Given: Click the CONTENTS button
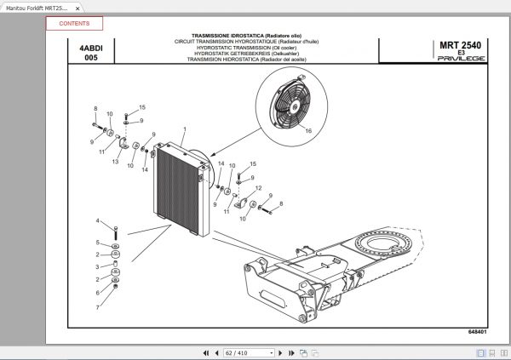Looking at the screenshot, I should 74,24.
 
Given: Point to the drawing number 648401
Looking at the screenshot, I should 478,331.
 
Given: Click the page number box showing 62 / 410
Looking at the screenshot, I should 248,351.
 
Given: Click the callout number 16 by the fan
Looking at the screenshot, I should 308,130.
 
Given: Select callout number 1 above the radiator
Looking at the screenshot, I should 182,129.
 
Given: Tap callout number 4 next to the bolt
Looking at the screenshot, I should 99,221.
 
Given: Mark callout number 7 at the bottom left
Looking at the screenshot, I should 99,307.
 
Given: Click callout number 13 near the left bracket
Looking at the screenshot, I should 115,161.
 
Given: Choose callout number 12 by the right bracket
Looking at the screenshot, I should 258,189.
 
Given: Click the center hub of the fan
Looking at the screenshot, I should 292,105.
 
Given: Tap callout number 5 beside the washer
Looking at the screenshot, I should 99,243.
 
